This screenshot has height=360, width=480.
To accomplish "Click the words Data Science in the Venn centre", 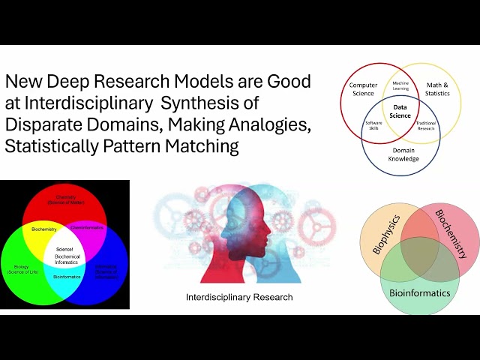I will tap(400, 111).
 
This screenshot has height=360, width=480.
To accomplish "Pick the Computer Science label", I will tap(364, 88).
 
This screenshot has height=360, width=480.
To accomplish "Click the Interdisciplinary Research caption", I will tap(239, 298).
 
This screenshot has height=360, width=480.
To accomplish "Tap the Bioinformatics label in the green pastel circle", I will tap(419, 292).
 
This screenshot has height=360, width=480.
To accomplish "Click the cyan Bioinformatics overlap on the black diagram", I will tap(66, 276).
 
